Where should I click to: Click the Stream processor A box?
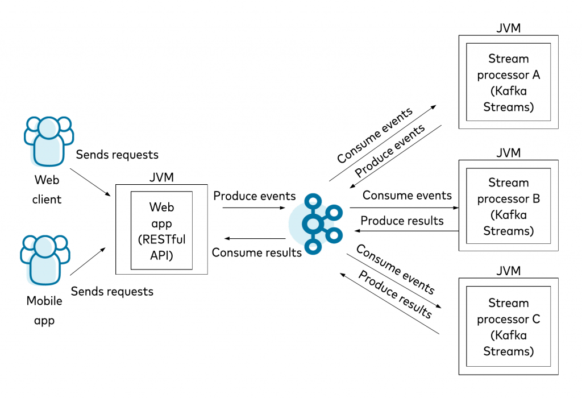click(508, 82)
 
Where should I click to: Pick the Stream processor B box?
click(508, 206)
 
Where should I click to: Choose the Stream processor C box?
click(508, 327)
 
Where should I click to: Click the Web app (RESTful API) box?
click(161, 230)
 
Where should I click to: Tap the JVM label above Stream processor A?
click(508, 28)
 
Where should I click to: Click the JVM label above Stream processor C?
click(508, 271)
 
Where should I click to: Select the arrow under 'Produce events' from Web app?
click(253, 208)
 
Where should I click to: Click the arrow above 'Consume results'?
click(253, 238)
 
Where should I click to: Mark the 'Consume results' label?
click(256, 252)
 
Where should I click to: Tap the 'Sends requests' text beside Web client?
click(117, 154)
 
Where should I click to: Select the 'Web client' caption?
click(47, 190)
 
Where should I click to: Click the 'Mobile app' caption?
click(44, 310)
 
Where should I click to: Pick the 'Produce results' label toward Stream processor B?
click(402, 221)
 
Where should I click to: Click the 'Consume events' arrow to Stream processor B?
click(404, 208)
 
